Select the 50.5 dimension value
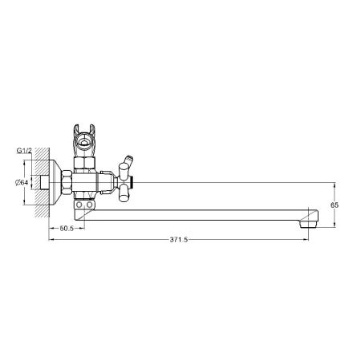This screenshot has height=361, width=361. click(67, 227)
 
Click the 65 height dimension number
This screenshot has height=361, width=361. click(336, 205)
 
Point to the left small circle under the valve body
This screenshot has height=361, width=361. click(80, 209)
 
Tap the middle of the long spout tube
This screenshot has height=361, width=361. click(201, 215)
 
